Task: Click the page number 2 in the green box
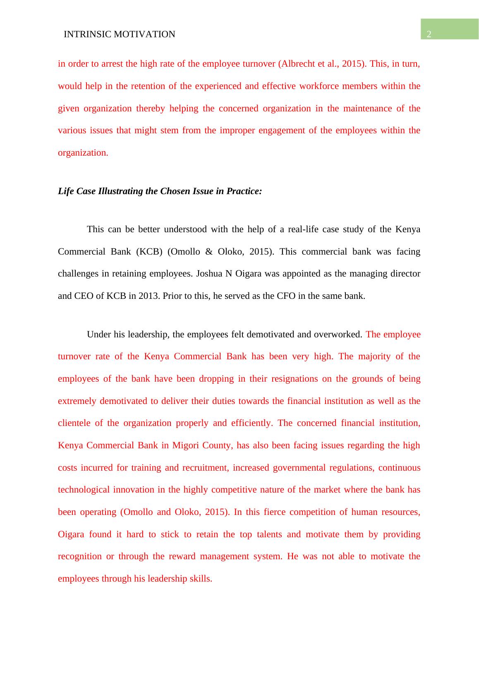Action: click(x=429, y=35)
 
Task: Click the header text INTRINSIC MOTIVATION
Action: click(x=120, y=34)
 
